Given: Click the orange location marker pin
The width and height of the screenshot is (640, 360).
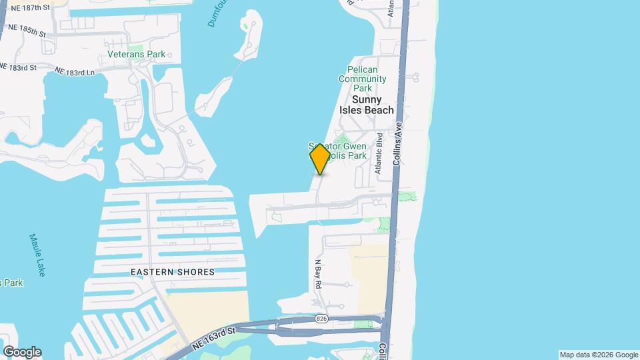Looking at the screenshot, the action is click(x=320, y=159).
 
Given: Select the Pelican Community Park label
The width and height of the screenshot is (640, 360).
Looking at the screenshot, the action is click(x=362, y=79).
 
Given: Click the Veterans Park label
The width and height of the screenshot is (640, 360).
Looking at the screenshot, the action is click(x=136, y=54).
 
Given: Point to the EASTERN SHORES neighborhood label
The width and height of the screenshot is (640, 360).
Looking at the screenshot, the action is click(x=173, y=272).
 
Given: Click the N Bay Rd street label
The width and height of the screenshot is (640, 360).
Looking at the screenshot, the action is click(x=319, y=274).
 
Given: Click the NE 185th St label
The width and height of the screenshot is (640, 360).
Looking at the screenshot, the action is click(x=27, y=31).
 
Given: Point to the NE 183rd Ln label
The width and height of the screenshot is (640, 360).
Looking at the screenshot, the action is click(x=76, y=71).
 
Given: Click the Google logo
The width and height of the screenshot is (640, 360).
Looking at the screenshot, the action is click(x=22, y=352).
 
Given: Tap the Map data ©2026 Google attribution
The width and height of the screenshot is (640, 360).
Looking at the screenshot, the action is click(x=599, y=355).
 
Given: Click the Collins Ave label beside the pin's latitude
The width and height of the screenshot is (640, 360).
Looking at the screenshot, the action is click(x=400, y=144).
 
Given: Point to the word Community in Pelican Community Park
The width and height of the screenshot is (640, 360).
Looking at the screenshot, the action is click(x=362, y=79).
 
